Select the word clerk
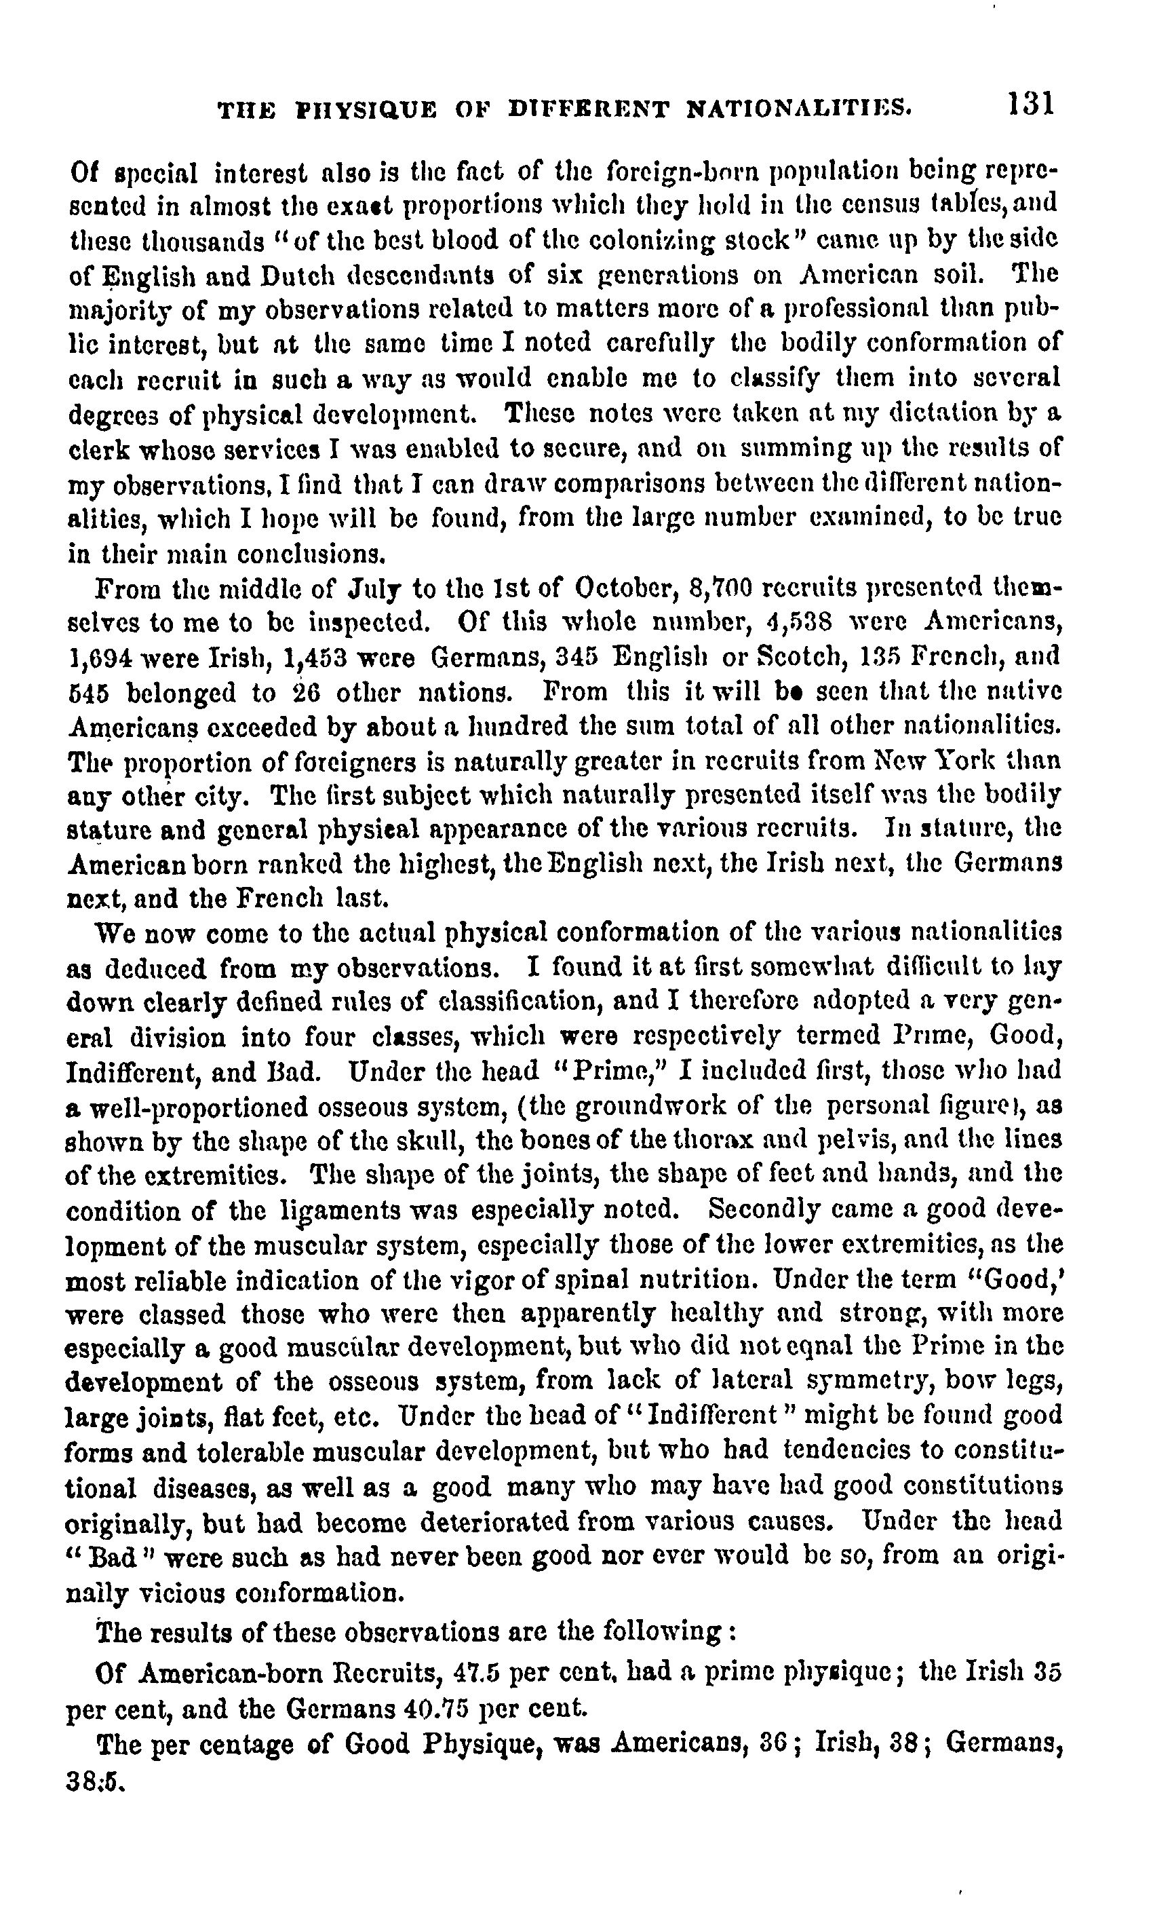point(92,449)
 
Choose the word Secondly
point(764,1209)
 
